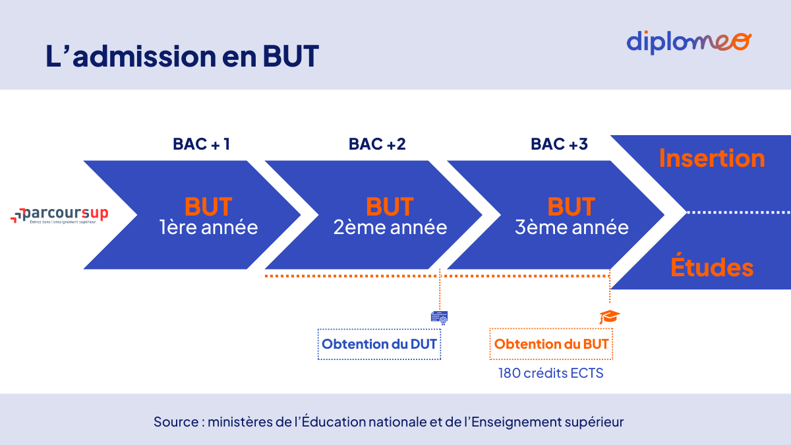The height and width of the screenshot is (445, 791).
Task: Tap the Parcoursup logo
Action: (x=59, y=215)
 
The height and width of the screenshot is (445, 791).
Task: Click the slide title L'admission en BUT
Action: (x=183, y=57)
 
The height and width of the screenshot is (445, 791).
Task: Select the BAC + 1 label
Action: (x=202, y=144)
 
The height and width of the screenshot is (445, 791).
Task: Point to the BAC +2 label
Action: (x=377, y=144)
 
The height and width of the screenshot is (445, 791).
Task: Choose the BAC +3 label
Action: (x=559, y=144)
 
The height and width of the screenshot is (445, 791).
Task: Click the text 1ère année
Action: (x=208, y=228)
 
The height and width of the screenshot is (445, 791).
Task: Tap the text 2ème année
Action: (x=390, y=228)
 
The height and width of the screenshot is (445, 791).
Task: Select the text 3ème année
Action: (x=571, y=228)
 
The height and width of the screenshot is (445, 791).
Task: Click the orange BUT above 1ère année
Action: (x=208, y=206)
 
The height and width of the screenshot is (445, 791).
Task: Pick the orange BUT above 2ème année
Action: (x=390, y=206)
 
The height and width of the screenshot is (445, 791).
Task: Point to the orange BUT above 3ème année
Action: (x=571, y=206)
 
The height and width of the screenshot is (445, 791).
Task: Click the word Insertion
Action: (x=712, y=159)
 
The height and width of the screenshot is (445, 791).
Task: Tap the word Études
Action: (x=712, y=268)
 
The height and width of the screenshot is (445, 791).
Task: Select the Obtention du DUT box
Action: (x=379, y=344)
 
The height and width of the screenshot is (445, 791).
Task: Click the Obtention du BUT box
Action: (x=551, y=344)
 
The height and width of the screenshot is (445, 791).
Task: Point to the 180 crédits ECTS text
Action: (x=551, y=373)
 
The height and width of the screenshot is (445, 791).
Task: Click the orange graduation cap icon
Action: (x=609, y=317)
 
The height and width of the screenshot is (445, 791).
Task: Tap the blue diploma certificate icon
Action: (x=439, y=318)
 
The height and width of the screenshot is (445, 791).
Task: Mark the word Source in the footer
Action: (x=176, y=421)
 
